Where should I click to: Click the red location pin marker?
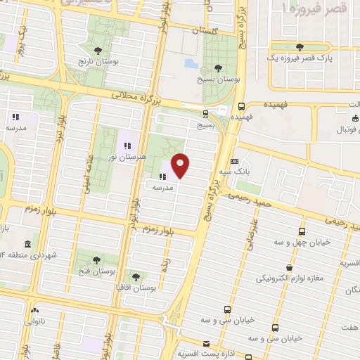click(181, 165)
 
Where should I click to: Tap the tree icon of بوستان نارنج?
click(98, 49)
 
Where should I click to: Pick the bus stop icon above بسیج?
click(205, 113)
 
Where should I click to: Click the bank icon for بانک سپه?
click(234, 161)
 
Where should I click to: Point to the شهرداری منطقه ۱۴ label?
click(30, 254)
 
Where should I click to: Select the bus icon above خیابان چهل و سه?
click(301, 232)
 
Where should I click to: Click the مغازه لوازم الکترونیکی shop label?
click(290, 278)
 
